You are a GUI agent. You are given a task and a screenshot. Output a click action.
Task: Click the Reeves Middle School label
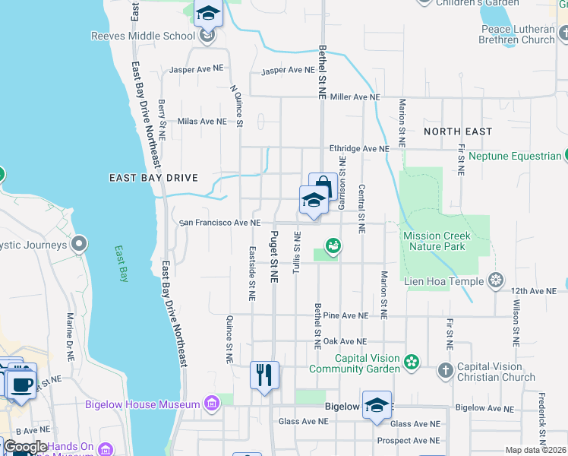(x=143, y=36)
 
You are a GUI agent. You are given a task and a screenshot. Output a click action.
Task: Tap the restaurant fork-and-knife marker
(x=264, y=375)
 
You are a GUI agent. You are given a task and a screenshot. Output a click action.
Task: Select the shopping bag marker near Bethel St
(x=323, y=185)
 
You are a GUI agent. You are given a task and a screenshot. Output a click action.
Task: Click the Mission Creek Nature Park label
(x=437, y=241)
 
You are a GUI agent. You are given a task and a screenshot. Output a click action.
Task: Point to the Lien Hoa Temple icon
(x=496, y=281)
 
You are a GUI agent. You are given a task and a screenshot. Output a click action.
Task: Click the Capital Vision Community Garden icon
(x=412, y=361)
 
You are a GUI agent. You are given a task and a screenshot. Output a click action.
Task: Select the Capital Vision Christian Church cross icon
(x=446, y=370)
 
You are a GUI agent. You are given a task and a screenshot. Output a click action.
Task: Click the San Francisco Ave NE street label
(x=219, y=223)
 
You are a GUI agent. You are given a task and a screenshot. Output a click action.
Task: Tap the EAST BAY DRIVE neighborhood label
(x=153, y=178)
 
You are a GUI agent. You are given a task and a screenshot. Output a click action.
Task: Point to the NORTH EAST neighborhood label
(x=458, y=131)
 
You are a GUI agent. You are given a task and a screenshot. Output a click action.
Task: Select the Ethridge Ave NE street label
(x=358, y=149)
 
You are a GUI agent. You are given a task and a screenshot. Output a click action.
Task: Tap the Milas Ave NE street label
(x=202, y=122)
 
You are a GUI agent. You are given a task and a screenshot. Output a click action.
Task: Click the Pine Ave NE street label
(x=346, y=315)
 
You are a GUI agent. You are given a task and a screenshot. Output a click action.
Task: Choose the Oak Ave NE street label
(x=345, y=342)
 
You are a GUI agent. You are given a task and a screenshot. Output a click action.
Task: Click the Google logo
(x=26, y=447)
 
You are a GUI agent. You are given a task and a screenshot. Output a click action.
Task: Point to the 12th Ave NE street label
(x=529, y=291)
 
